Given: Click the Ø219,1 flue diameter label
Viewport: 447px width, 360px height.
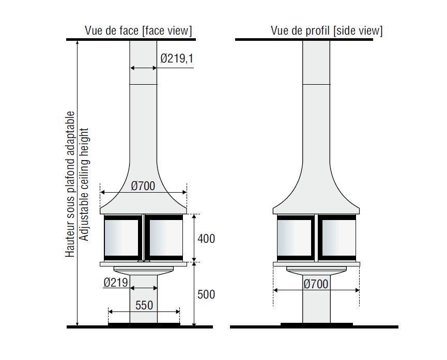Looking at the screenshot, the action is click(177, 58).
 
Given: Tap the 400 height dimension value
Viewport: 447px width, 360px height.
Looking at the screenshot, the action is click(206, 239).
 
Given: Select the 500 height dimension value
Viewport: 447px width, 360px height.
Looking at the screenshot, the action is click(206, 294).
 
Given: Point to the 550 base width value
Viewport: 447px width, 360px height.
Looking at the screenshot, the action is click(144, 305).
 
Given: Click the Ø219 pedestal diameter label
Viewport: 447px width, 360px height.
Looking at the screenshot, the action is click(115, 283).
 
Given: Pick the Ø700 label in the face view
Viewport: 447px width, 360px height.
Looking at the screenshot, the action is click(143, 186).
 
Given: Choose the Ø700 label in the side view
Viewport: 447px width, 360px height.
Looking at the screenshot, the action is click(316, 284).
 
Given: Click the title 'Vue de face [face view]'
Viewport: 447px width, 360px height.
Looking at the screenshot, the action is click(138, 30).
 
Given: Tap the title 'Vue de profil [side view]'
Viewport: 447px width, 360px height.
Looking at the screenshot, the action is click(327, 30).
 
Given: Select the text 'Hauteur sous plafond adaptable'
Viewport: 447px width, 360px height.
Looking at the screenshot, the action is click(70, 184).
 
